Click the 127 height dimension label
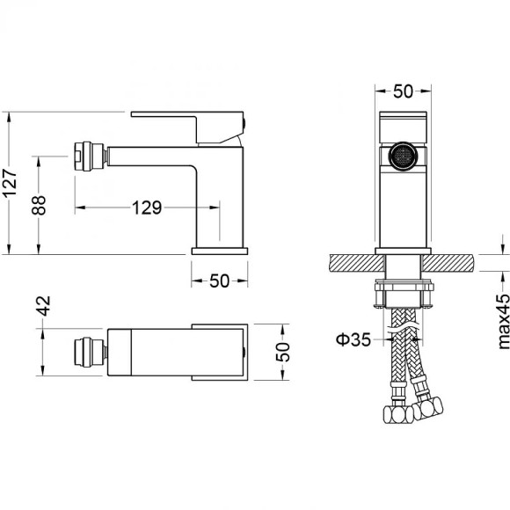click(10, 183)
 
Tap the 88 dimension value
click(39, 205)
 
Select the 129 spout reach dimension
click(147, 208)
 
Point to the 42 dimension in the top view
click(44, 306)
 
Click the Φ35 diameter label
click(353, 340)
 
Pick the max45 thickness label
click(504, 321)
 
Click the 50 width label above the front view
click(403, 91)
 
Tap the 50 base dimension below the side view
click(220, 280)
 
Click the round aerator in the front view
click(404, 157)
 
